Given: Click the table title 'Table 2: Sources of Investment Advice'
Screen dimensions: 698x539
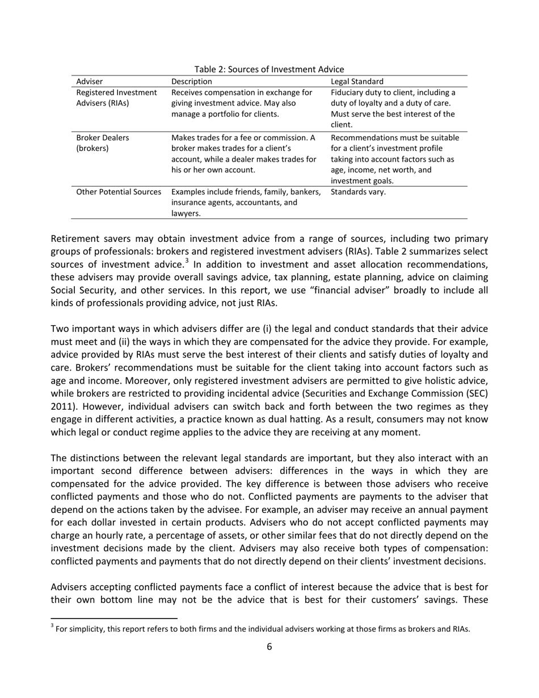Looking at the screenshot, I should (269, 69).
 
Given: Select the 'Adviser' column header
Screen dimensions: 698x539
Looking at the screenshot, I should (90, 81).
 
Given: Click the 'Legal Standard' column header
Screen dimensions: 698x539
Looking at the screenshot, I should (356, 81).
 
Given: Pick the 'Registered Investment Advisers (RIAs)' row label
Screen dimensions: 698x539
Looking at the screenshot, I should (116, 98).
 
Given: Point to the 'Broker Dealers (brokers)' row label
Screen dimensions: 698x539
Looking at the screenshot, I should (102, 143).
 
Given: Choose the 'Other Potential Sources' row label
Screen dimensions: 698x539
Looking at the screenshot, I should (119, 192).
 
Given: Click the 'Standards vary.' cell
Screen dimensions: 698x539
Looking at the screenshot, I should (357, 192).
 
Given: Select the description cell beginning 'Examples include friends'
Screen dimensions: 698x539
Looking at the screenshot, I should (246, 203).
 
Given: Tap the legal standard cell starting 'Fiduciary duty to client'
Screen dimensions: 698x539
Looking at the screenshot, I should (393, 108).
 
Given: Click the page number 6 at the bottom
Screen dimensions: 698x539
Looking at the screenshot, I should (269, 646).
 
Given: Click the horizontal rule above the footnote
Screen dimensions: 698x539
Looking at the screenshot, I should (114, 617).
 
